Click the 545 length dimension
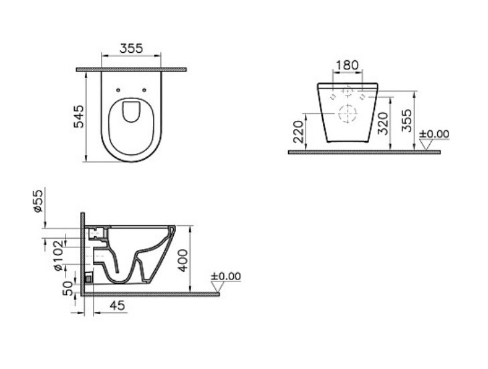pos(79,116)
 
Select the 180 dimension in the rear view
pos(348,65)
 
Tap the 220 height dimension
pos(298,132)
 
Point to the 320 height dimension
pos(383,123)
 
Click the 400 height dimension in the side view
pos(183,261)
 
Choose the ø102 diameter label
pos(59,255)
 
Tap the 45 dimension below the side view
pos(118,305)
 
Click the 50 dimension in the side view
pos(68,288)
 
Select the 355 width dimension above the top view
pos(131,48)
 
